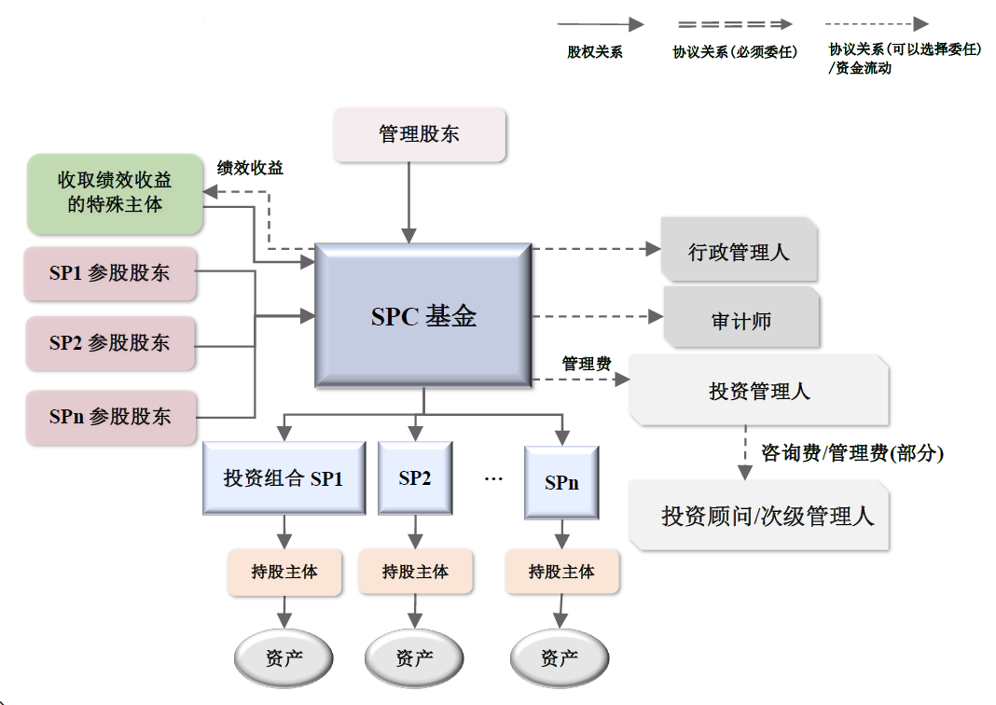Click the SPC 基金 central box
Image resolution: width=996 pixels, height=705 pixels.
423,315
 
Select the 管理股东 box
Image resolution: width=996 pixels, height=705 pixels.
419,134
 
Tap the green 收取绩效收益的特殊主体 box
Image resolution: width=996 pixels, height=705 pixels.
115,193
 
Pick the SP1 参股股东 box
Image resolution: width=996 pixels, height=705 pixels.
110,273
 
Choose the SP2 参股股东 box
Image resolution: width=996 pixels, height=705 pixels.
110,343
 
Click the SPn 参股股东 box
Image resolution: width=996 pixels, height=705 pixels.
110,416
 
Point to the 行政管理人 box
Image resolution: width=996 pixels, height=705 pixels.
739,251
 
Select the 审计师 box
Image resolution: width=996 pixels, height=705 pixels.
741,320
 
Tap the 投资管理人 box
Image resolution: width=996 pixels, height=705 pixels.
759,391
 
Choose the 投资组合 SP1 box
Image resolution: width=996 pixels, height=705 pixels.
284,478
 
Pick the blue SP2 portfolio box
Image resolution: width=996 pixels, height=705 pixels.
415,478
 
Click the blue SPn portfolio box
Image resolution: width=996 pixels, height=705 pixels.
561,482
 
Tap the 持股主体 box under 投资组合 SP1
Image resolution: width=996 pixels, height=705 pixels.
284,572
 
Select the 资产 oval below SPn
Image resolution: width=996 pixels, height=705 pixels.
560,658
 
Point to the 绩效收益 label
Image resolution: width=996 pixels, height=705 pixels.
250,168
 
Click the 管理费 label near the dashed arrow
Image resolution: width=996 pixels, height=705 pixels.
586,364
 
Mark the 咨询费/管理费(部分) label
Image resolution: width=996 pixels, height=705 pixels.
852,454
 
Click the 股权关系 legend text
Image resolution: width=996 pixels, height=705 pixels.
595,52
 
